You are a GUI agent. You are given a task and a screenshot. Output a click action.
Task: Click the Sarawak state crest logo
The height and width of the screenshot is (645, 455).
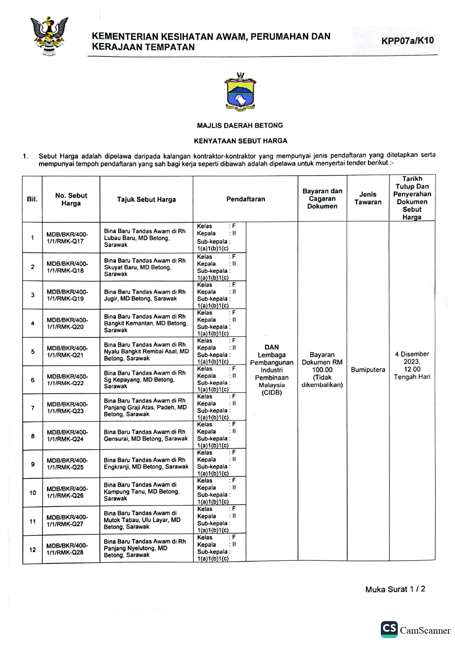click(49, 36)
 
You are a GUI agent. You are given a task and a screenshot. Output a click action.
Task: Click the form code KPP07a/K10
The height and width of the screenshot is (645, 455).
click(407, 41)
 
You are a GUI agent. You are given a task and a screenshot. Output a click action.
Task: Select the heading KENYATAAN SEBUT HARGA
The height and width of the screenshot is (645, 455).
click(240, 141)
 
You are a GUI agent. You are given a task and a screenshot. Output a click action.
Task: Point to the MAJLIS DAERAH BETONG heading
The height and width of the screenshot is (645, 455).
click(240, 125)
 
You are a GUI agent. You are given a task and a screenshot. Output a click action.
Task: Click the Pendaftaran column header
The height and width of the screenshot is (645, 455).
click(245, 199)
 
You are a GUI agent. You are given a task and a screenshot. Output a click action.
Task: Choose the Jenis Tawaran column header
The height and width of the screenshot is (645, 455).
click(368, 198)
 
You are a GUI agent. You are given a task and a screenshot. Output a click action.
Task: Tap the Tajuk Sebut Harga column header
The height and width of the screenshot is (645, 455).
click(146, 199)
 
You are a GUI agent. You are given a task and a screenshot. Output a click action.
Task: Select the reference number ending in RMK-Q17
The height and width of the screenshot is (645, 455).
click(67, 238)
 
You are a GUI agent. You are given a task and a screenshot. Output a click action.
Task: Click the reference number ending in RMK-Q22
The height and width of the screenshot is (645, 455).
click(67, 380)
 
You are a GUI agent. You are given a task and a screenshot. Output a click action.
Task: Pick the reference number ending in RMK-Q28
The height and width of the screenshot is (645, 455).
click(67, 549)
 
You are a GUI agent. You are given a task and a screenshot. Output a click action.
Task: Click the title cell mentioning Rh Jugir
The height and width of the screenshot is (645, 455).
click(145, 295)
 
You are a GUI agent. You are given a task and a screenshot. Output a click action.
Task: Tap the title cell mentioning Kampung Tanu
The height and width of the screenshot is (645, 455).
click(142, 491)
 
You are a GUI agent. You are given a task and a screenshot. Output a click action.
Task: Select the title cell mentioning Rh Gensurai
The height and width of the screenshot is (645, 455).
click(146, 435)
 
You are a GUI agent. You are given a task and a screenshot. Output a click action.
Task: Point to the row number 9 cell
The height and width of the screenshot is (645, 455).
click(33, 464)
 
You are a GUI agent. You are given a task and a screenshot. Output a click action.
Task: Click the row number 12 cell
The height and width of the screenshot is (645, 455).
click(33, 549)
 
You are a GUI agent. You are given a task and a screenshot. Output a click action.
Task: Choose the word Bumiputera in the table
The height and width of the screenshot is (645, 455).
click(368, 369)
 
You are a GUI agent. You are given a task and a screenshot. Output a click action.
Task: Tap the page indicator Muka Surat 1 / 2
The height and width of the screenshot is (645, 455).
click(395, 589)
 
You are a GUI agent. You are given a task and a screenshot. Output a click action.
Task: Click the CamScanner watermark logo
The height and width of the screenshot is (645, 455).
click(415, 630)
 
